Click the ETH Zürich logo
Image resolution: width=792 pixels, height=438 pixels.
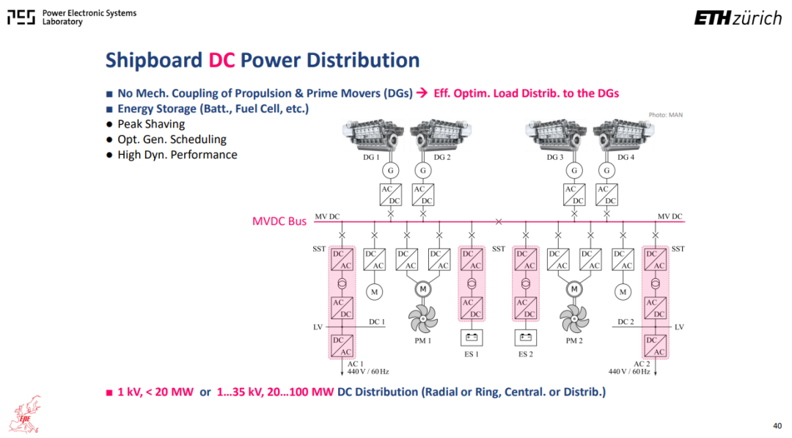pos(738,18)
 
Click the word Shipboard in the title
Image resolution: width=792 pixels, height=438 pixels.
pos(153,60)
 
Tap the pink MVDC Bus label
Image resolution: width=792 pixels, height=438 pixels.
pos(279,222)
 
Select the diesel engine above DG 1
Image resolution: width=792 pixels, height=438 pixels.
pos(373,135)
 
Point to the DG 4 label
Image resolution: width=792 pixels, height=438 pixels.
pos(626,157)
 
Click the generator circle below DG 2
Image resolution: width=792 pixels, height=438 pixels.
pos(423,171)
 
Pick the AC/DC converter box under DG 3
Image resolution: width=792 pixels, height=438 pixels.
pos(574,194)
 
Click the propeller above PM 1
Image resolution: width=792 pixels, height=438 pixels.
pos(423,319)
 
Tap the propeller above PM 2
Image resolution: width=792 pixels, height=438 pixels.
pos(574,319)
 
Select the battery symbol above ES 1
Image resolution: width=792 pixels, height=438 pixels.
pos(472,337)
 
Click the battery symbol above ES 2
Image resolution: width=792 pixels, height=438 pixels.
pos(526,337)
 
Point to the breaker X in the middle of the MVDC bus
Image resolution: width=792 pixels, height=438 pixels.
pos(499,222)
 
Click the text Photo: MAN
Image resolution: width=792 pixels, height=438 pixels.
pos(665,115)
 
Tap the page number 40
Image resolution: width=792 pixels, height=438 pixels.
pos(777,426)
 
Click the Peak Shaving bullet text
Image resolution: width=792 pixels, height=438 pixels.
pos(151,124)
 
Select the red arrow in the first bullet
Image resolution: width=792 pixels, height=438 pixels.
pos(422,93)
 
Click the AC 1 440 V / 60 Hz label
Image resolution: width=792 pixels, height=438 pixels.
pos(367,368)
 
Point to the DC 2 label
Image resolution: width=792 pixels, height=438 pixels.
pos(626,322)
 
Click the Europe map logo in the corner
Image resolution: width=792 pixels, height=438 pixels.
pos(25,415)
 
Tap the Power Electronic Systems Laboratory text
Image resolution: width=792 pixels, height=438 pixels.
pos(89,17)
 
